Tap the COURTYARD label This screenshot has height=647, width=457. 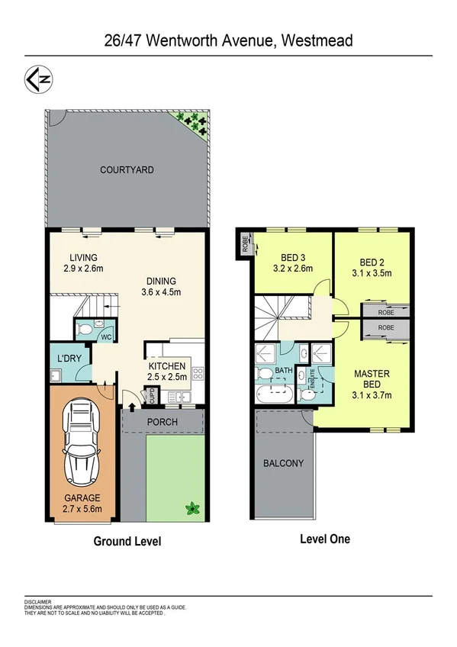point(127,169)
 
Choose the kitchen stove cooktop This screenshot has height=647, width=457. point(198,374)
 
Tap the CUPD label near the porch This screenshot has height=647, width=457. point(152,396)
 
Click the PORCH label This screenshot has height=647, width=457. point(162,422)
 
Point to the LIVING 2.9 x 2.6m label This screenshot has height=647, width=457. point(82,262)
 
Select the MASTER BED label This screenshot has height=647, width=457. point(372,384)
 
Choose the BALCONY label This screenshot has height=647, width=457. point(283,463)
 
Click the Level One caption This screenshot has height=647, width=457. point(324,539)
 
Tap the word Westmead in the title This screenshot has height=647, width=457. point(317,40)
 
